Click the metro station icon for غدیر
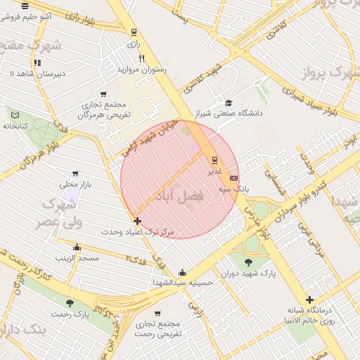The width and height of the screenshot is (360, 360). pos(214,160)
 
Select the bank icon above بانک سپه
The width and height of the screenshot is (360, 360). pos(234,179)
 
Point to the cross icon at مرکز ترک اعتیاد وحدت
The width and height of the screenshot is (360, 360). pos(136,221)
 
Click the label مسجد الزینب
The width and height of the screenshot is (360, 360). pos(77,259)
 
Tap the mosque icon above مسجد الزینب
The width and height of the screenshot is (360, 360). pos(77,247)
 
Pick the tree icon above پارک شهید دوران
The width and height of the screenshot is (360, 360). pos(252,261)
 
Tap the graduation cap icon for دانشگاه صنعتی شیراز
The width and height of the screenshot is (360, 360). pos(228,102)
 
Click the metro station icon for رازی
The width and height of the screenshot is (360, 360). pos(134,32)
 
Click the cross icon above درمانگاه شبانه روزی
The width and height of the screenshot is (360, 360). pos(309,300)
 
